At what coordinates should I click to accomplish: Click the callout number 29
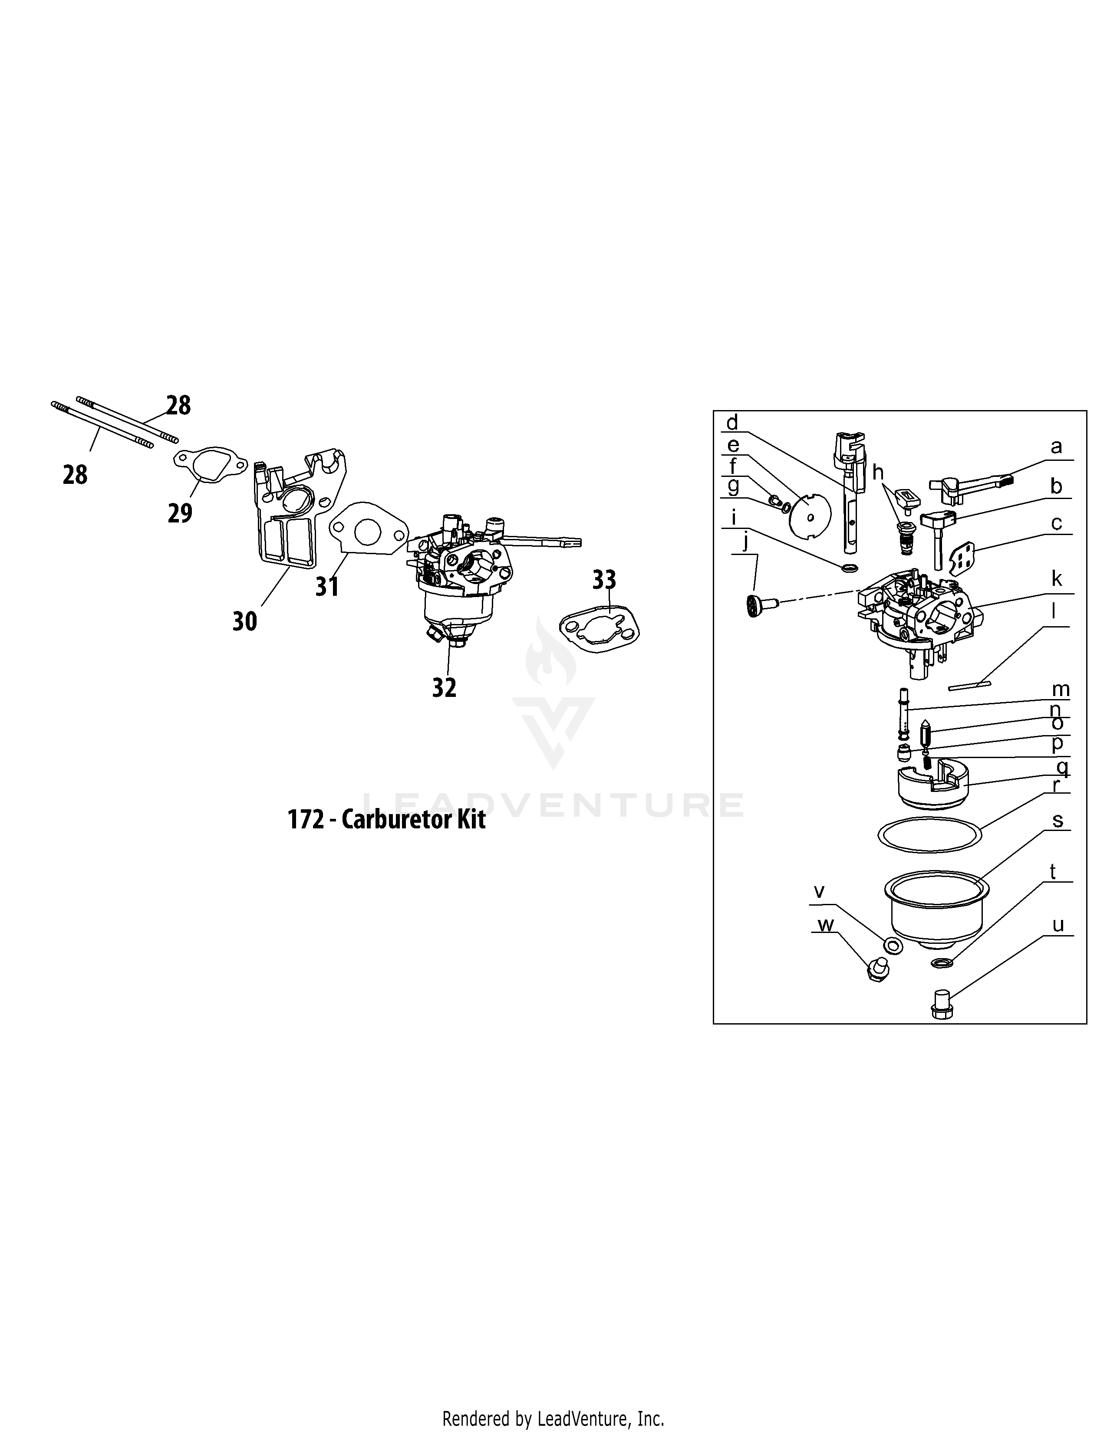pyautogui.click(x=180, y=513)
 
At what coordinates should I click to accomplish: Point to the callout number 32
pyautogui.click(x=444, y=687)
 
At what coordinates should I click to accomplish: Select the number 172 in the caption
pyautogui.click(x=306, y=820)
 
